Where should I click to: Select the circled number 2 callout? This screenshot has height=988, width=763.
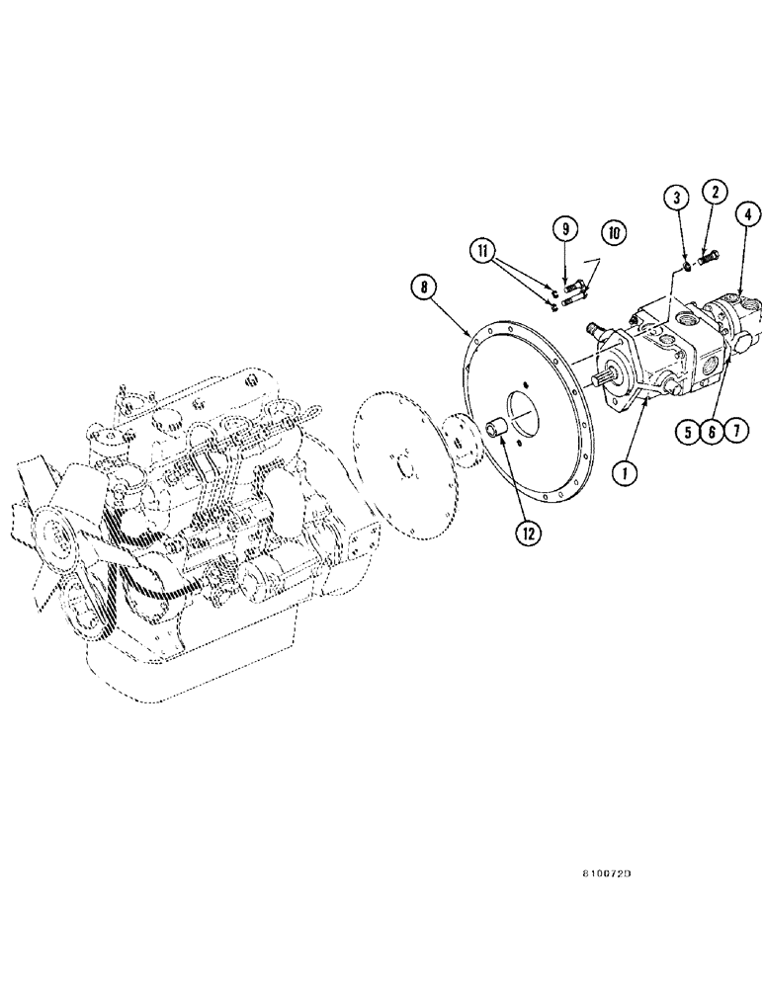715,193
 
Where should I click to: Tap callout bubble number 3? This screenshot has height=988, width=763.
675,200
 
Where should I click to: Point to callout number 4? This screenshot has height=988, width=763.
746,213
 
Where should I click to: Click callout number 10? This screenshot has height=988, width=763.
613,234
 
